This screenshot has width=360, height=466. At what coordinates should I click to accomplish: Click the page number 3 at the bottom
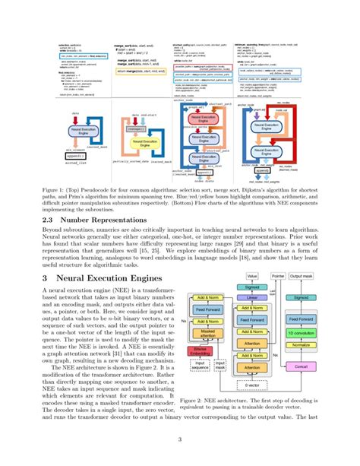(180, 439)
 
